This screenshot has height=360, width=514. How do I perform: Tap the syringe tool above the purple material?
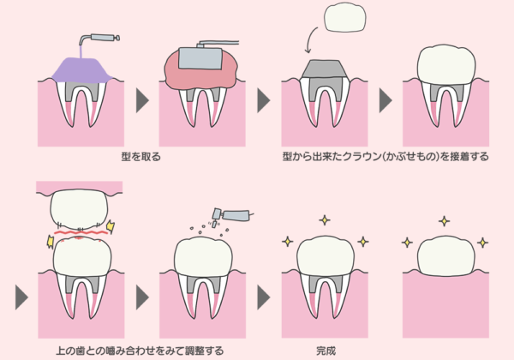pyautogui.click(x=104, y=38)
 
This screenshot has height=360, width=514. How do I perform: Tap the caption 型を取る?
pyautogui.click(x=141, y=158)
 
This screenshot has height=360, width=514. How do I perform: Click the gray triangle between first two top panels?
pyautogui.click(x=142, y=98)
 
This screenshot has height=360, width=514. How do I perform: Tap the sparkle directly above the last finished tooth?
pyautogui.click(x=444, y=221)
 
